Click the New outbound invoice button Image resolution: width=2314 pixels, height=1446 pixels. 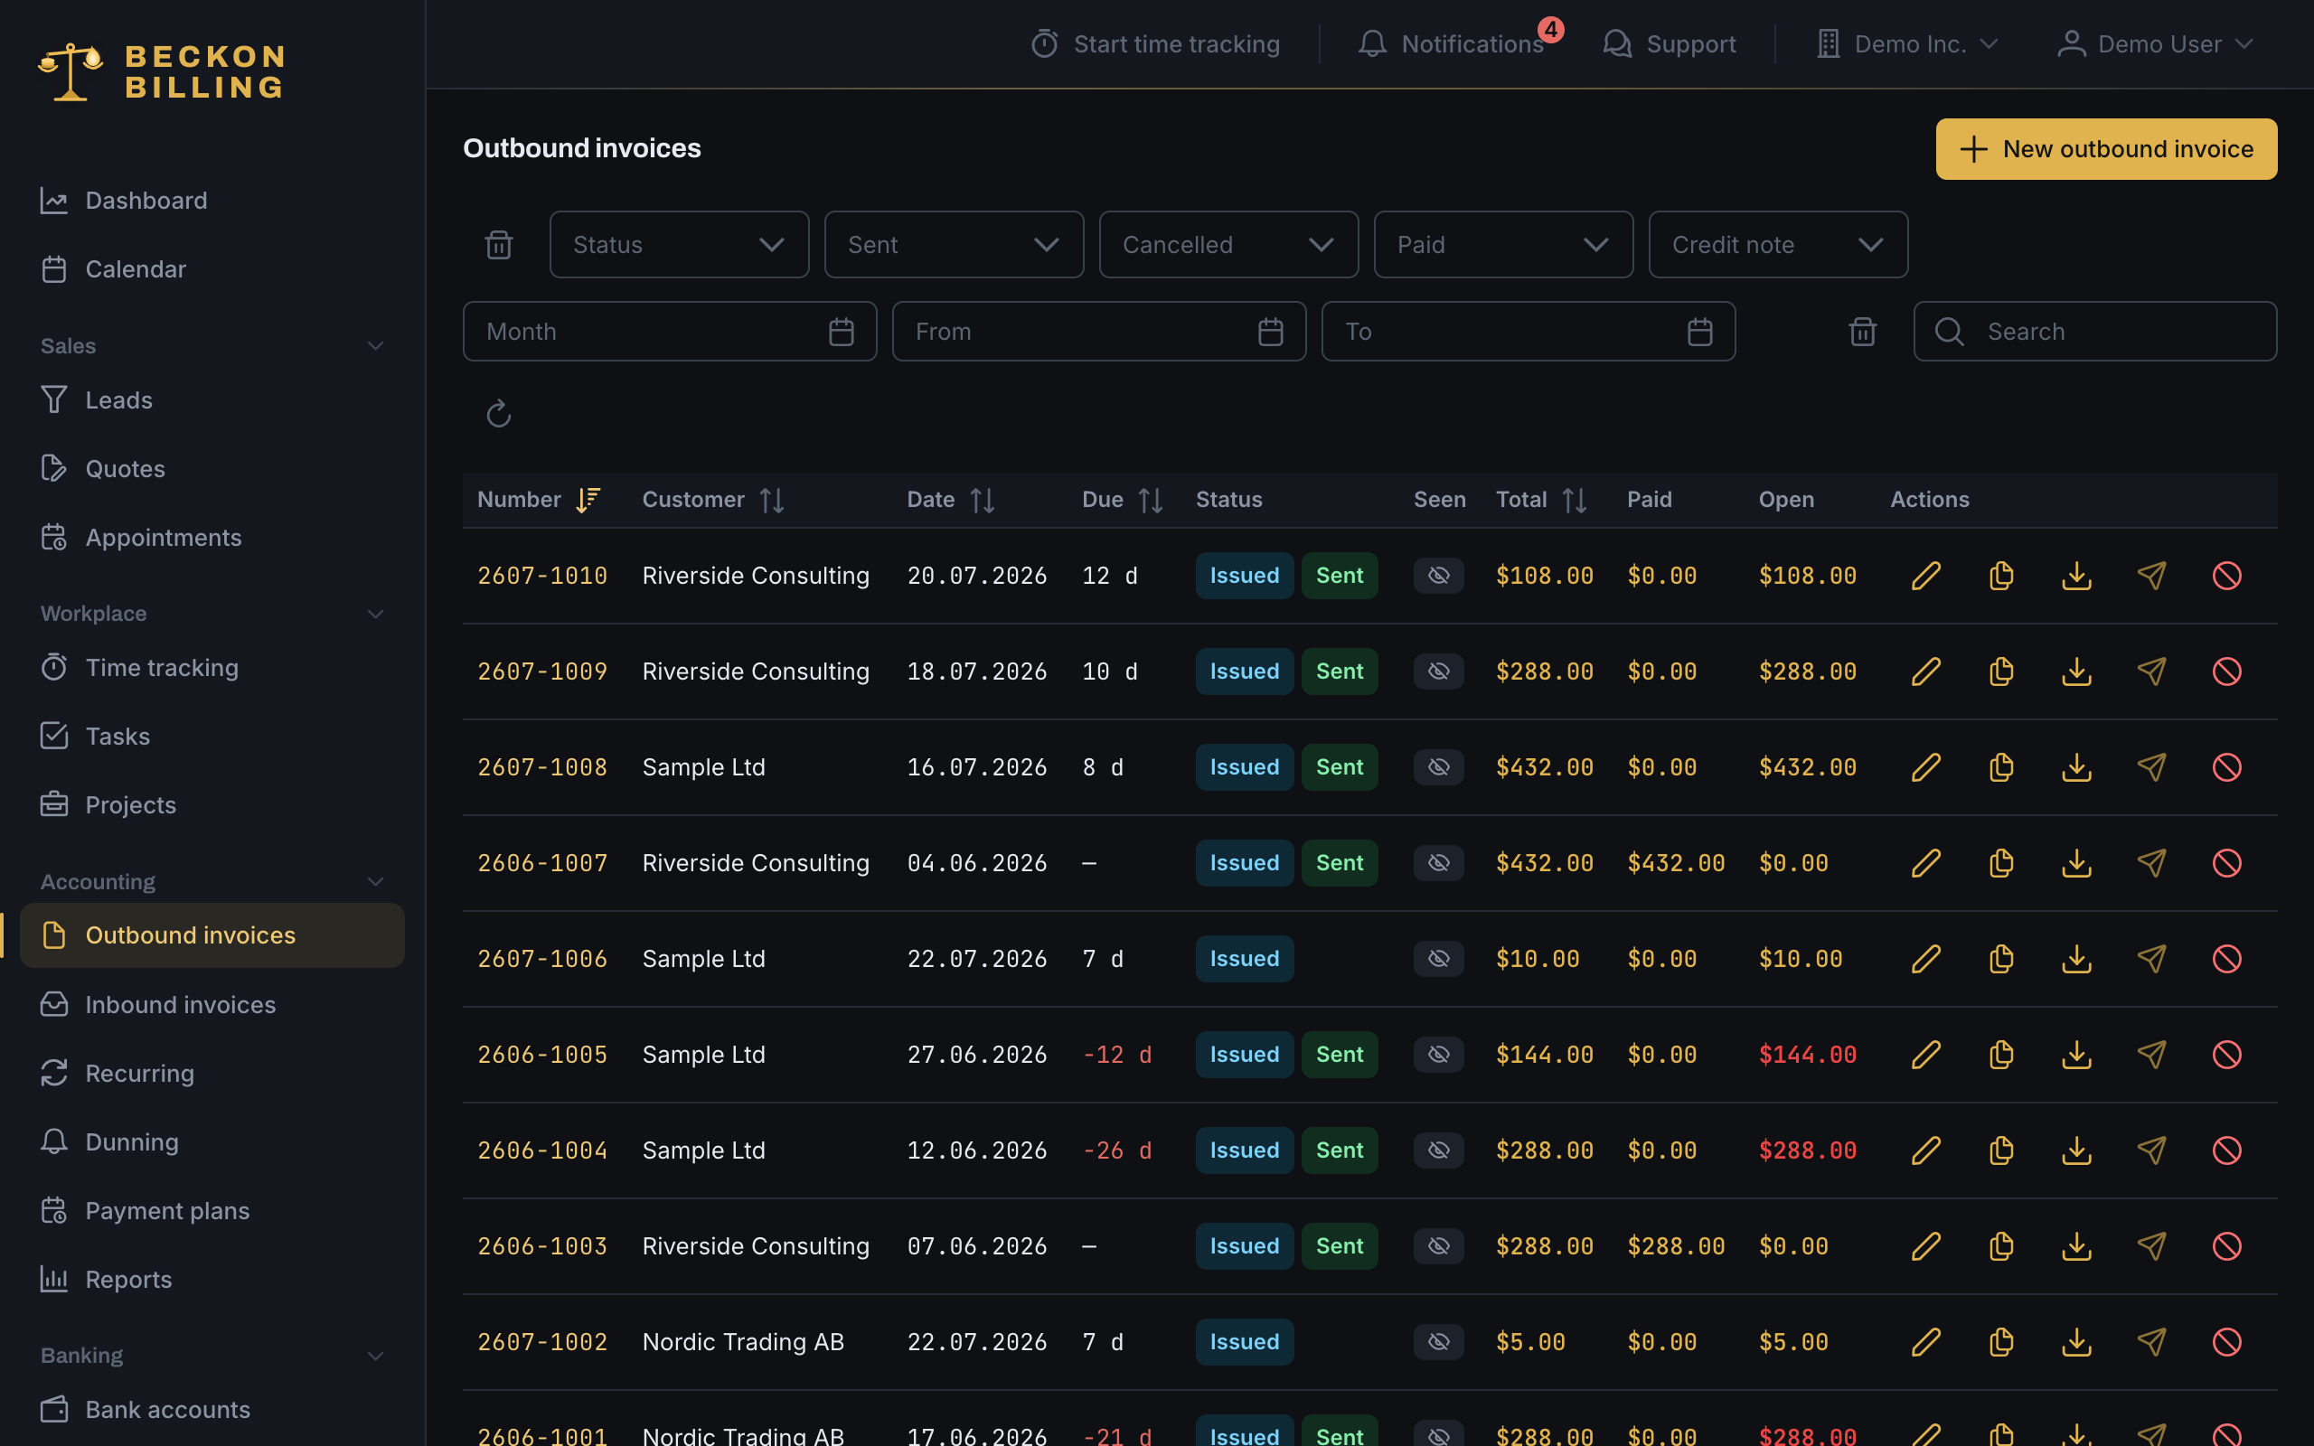pyautogui.click(x=2105, y=149)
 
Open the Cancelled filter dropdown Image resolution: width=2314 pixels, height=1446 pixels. pyautogui.click(x=1228, y=245)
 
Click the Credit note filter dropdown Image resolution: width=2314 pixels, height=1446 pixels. pyautogui.click(x=1778, y=245)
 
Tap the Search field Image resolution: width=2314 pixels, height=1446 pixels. pyautogui.click(x=2094, y=332)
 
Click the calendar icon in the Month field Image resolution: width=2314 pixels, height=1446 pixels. pyautogui.click(x=842, y=332)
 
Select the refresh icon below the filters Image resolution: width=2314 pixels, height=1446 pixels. pyautogui.click(x=498, y=414)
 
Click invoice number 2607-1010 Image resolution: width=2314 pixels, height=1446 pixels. pyautogui.click(x=542, y=576)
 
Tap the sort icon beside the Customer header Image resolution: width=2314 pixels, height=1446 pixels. pyautogui.click(x=772, y=500)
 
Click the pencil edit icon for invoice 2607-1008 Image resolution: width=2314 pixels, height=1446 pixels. pyautogui.click(x=1926, y=767)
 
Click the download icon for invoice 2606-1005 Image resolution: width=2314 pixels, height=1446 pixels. pyautogui.click(x=2077, y=1054)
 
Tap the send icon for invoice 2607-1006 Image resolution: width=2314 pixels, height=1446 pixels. pyautogui.click(x=2151, y=958)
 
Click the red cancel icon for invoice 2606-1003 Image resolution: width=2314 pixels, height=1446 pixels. pyautogui.click(x=2227, y=1245)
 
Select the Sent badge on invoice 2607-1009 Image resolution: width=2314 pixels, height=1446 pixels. pyautogui.click(x=1340, y=671)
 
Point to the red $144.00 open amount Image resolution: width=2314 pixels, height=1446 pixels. pyautogui.click(x=1807, y=1054)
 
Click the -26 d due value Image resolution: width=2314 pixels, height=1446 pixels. pyautogui.click(x=1117, y=1150)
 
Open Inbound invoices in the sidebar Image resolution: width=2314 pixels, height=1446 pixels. pyautogui.click(x=181, y=1004)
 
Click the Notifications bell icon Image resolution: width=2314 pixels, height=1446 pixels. pyautogui.click(x=1372, y=44)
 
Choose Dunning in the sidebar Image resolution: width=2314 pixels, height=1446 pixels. pyautogui.click(x=132, y=1141)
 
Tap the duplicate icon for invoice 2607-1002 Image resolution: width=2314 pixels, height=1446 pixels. pyautogui.click(x=2001, y=1342)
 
